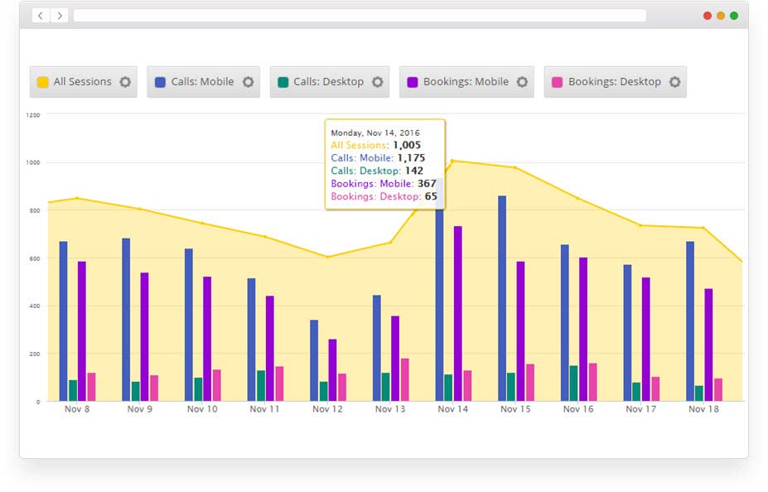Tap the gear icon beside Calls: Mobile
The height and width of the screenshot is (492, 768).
pyautogui.click(x=248, y=82)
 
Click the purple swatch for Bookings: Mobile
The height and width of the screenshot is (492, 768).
pyautogui.click(x=412, y=82)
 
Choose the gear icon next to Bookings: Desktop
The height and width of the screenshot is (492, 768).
pyautogui.click(x=674, y=82)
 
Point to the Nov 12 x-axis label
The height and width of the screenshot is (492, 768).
pyautogui.click(x=327, y=409)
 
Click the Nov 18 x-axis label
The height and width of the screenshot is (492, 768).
pyautogui.click(x=703, y=409)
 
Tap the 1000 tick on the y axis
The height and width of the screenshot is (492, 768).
pyautogui.click(x=33, y=162)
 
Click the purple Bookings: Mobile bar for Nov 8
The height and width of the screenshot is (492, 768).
pyautogui.click(x=82, y=331)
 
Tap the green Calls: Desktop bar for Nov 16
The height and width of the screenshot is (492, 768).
pyautogui.click(x=573, y=383)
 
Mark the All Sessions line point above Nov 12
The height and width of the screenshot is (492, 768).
pyautogui.click(x=327, y=257)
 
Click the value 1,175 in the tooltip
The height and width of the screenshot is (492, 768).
pyautogui.click(x=410, y=157)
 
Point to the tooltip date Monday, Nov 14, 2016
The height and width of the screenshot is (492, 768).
pyautogui.click(x=375, y=133)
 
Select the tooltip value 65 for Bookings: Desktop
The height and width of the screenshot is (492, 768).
pyautogui.click(x=431, y=196)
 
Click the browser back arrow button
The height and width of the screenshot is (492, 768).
pyautogui.click(x=41, y=16)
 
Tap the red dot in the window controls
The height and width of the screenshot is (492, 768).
pyautogui.click(x=707, y=16)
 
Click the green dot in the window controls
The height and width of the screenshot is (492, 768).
pyautogui.click(x=733, y=16)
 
